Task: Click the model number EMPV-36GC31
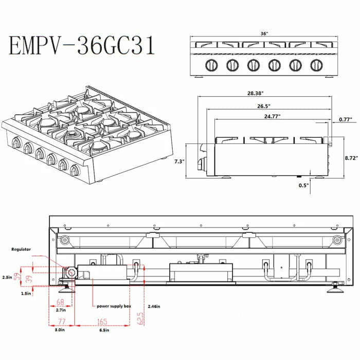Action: [81, 46]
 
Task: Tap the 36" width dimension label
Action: [264, 33]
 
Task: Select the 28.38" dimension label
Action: [256, 94]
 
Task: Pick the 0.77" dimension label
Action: [344, 119]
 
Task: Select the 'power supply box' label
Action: [114, 306]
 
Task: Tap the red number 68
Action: [61, 302]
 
